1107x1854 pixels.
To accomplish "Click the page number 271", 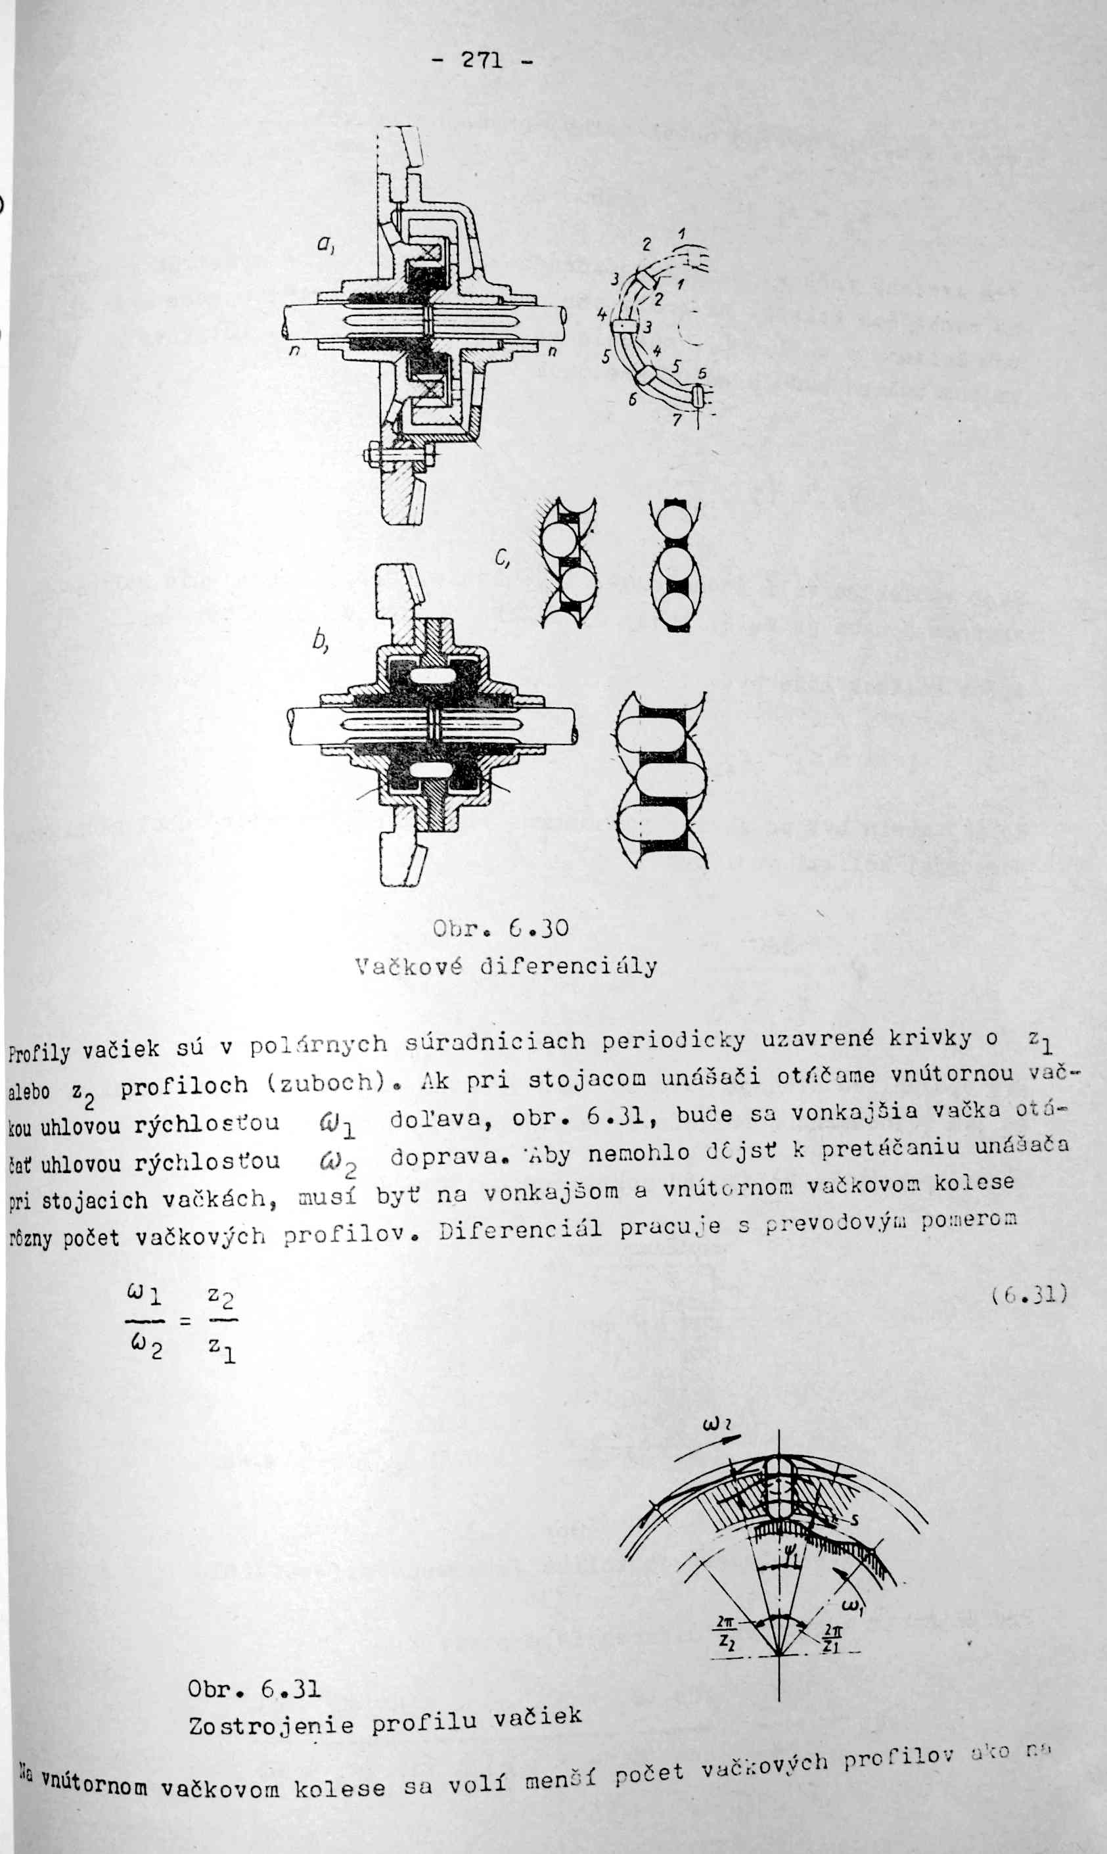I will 482,60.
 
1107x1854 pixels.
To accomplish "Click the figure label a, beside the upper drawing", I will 325,243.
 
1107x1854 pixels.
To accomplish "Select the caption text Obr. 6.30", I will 501,928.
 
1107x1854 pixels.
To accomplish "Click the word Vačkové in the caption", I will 408,966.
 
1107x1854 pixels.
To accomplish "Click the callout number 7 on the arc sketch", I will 676,420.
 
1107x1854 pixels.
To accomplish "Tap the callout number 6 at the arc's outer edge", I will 633,400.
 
